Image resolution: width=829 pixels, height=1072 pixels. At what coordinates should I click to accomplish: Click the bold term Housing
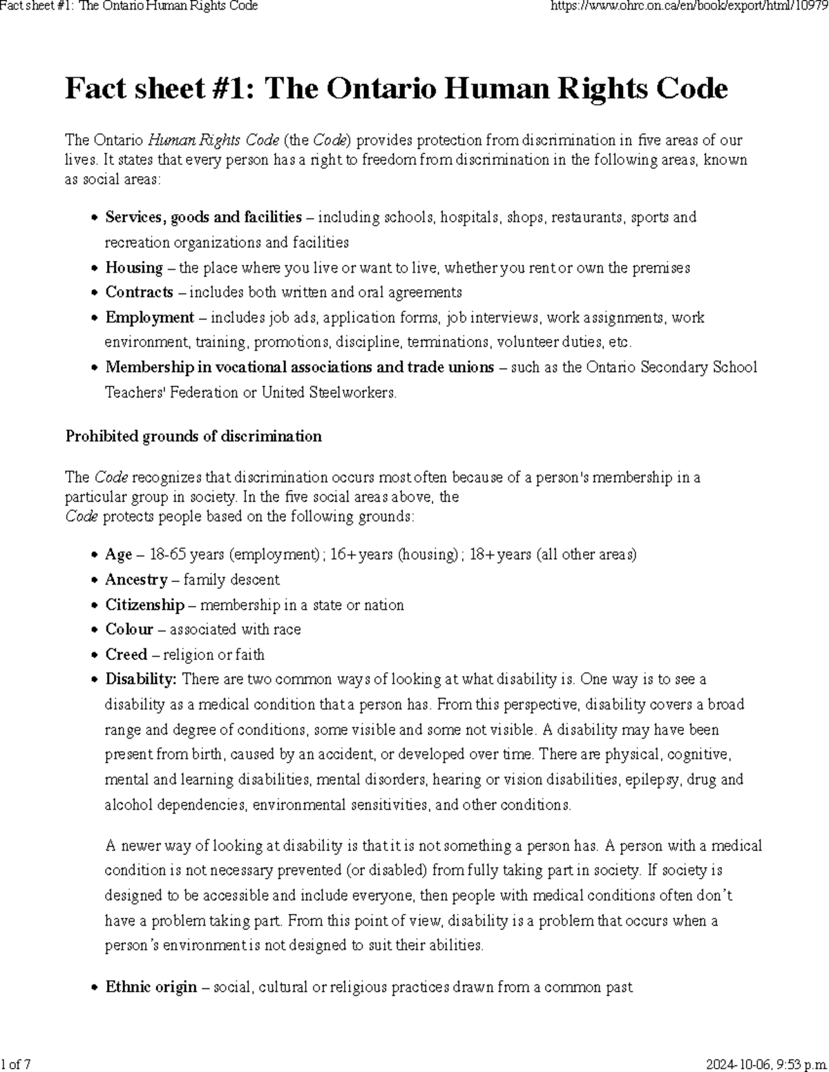134,268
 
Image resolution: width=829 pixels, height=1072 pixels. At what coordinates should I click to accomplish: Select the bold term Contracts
139,293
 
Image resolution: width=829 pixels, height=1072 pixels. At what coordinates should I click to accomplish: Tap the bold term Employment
149,318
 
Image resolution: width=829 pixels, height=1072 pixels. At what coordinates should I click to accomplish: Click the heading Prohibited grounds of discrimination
193,436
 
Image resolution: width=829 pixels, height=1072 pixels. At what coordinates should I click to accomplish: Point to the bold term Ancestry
136,580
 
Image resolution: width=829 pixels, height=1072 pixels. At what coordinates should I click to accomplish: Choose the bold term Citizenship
144,605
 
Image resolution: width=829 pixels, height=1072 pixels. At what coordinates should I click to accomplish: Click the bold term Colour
129,630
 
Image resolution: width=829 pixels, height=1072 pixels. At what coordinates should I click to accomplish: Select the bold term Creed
126,655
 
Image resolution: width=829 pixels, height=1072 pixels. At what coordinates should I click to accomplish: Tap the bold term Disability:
141,680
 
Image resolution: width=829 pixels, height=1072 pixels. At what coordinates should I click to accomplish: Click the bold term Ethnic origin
151,988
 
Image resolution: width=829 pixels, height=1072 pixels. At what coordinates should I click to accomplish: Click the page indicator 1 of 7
17,1064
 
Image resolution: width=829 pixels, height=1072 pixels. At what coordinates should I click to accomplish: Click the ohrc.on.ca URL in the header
688,6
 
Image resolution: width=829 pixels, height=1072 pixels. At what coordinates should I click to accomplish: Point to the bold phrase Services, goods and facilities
203,217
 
